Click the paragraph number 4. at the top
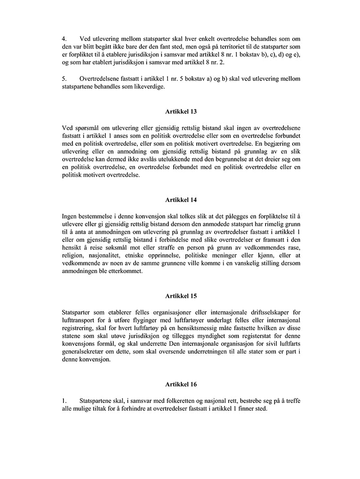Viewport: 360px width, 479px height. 64,39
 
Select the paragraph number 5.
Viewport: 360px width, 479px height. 64,79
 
